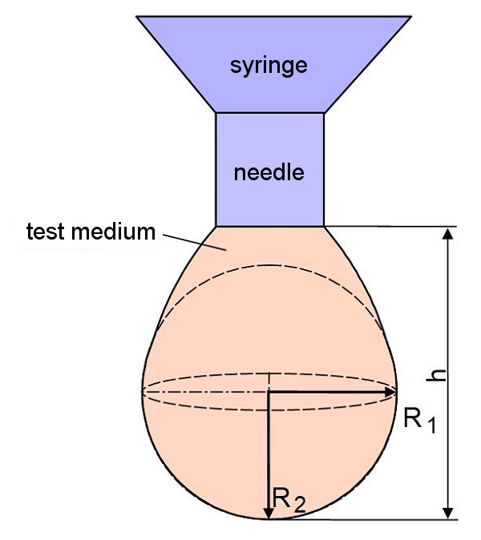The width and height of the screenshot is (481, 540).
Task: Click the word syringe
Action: [x=269, y=65]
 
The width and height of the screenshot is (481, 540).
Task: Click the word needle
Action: [x=269, y=172]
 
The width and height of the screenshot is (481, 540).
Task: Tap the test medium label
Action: [x=90, y=232]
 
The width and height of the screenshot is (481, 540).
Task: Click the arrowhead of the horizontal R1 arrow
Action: [x=392, y=392]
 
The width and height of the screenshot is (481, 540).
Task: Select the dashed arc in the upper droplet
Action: [x=269, y=266]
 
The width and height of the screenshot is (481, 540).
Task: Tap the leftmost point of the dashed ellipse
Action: [x=143, y=391]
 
